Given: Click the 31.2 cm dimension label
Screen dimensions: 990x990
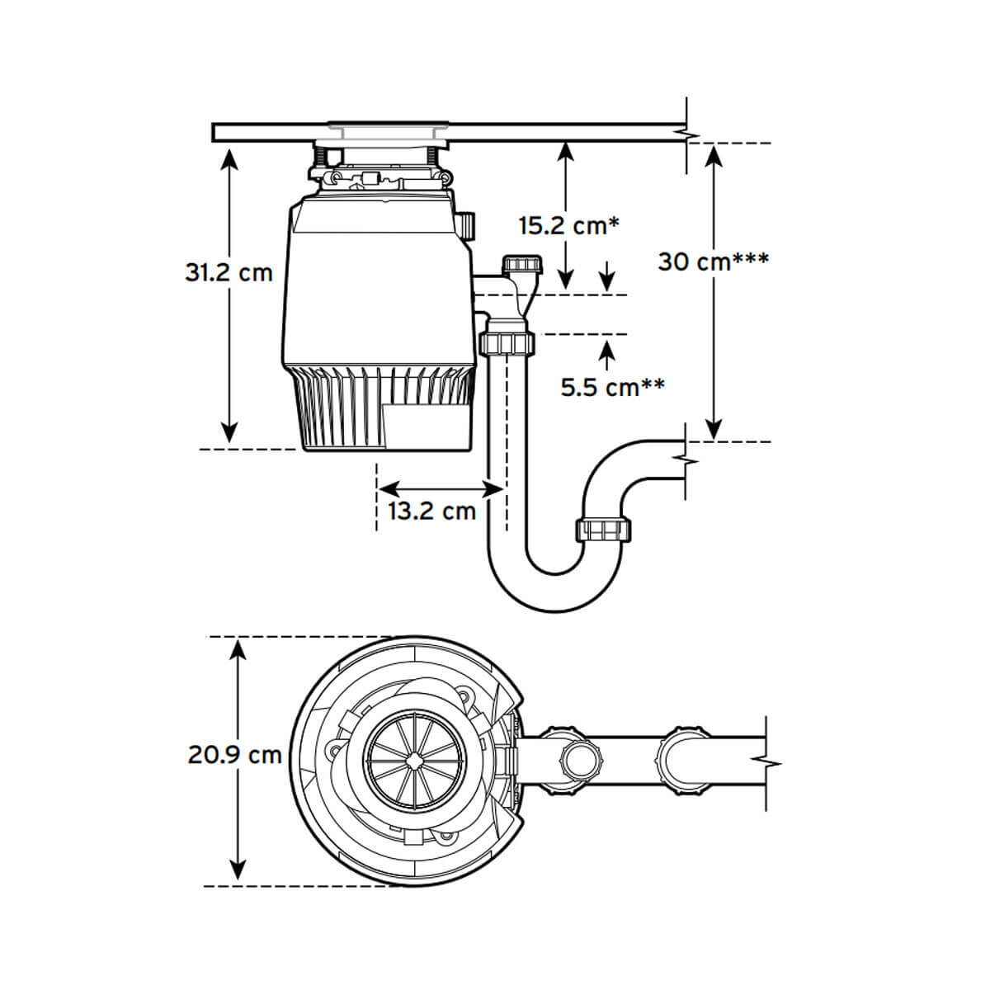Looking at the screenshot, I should click(x=229, y=271).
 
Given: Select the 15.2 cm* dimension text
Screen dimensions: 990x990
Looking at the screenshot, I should click(x=568, y=224).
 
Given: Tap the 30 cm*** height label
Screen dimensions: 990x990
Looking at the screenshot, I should click(x=714, y=262).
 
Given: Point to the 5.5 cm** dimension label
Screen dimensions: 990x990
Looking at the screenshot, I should click(x=613, y=386).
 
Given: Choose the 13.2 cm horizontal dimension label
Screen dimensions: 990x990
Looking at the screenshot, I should click(x=432, y=511).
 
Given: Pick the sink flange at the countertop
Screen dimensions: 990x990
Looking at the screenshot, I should click(x=388, y=128).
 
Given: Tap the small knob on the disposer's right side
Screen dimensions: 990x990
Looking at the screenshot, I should click(x=466, y=225).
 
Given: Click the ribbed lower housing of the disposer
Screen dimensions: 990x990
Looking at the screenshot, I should click(x=379, y=408).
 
